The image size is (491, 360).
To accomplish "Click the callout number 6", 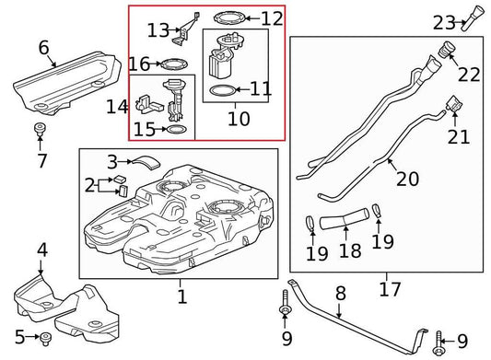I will pos(43,47).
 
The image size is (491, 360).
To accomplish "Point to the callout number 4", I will pos(41,250).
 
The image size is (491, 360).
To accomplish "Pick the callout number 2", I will pos(90,185).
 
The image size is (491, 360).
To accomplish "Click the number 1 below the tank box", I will pos(181,297).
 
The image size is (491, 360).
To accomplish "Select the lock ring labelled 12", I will pos(224,17).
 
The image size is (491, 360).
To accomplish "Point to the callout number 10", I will pos(238,119).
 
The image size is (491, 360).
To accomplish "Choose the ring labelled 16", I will pos(171,64).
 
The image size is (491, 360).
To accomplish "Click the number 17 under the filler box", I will pos(390,289).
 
